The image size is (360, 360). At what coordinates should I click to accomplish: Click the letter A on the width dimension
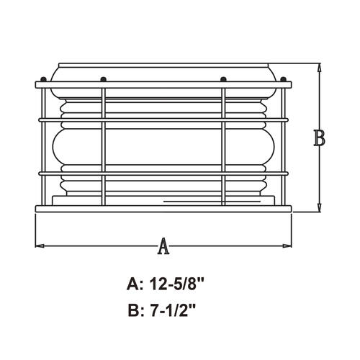point(163,246)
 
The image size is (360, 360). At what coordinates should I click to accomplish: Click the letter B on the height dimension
point(319,138)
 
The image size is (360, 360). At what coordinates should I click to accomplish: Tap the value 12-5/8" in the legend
point(176,285)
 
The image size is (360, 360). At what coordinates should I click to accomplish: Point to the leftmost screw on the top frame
point(43,79)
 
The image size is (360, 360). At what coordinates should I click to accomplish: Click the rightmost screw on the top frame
point(284,79)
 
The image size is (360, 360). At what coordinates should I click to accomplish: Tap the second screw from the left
point(104,79)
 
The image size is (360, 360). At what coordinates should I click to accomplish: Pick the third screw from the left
point(223,79)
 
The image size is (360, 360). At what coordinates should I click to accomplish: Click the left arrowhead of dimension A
point(40,246)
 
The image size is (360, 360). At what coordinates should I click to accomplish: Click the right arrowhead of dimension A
point(287,246)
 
